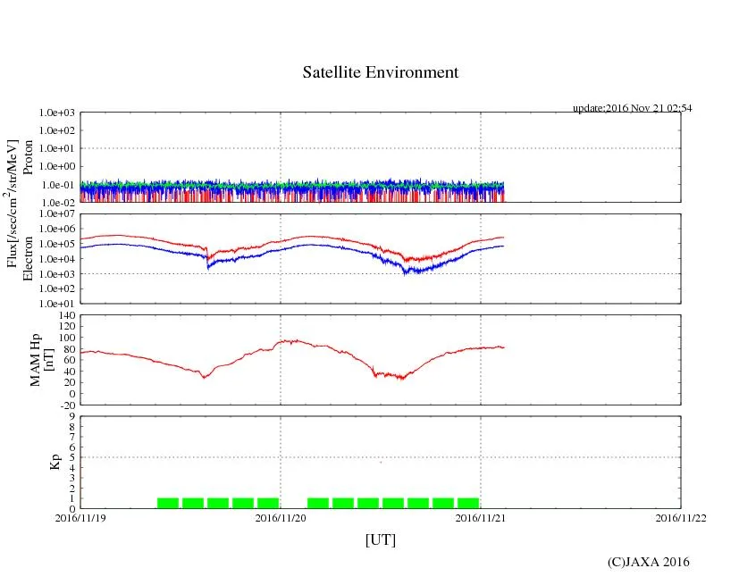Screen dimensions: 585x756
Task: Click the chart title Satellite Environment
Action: point(381,72)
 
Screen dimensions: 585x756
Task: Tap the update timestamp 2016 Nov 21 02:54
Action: point(633,108)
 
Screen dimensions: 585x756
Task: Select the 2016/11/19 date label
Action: point(80,517)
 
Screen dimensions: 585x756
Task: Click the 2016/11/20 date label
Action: point(281,517)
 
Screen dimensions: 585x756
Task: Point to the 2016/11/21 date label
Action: point(481,517)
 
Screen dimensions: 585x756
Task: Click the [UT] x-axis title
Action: point(381,539)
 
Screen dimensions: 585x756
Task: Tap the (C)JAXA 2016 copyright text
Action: point(648,562)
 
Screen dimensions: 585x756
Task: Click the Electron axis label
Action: point(28,259)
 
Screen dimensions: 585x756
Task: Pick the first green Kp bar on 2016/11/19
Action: point(168,503)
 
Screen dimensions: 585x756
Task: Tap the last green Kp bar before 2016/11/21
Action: point(468,503)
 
